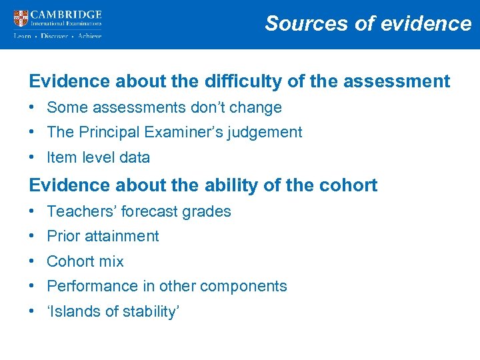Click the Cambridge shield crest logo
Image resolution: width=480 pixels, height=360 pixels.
(x=21, y=18)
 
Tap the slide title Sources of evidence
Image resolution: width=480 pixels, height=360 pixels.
(x=368, y=23)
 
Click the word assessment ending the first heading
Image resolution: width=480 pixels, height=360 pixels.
(x=401, y=81)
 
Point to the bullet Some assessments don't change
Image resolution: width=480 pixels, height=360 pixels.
(x=164, y=107)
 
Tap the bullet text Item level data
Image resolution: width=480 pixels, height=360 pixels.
(x=98, y=157)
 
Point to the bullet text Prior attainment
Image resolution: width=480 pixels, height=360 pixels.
(x=103, y=236)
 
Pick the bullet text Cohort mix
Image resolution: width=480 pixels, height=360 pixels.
(x=85, y=261)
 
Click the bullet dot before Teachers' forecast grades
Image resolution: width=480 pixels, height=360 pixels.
(x=32, y=211)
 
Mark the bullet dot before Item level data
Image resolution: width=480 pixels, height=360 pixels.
(x=32, y=157)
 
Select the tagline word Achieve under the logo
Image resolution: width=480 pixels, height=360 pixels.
(x=89, y=36)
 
